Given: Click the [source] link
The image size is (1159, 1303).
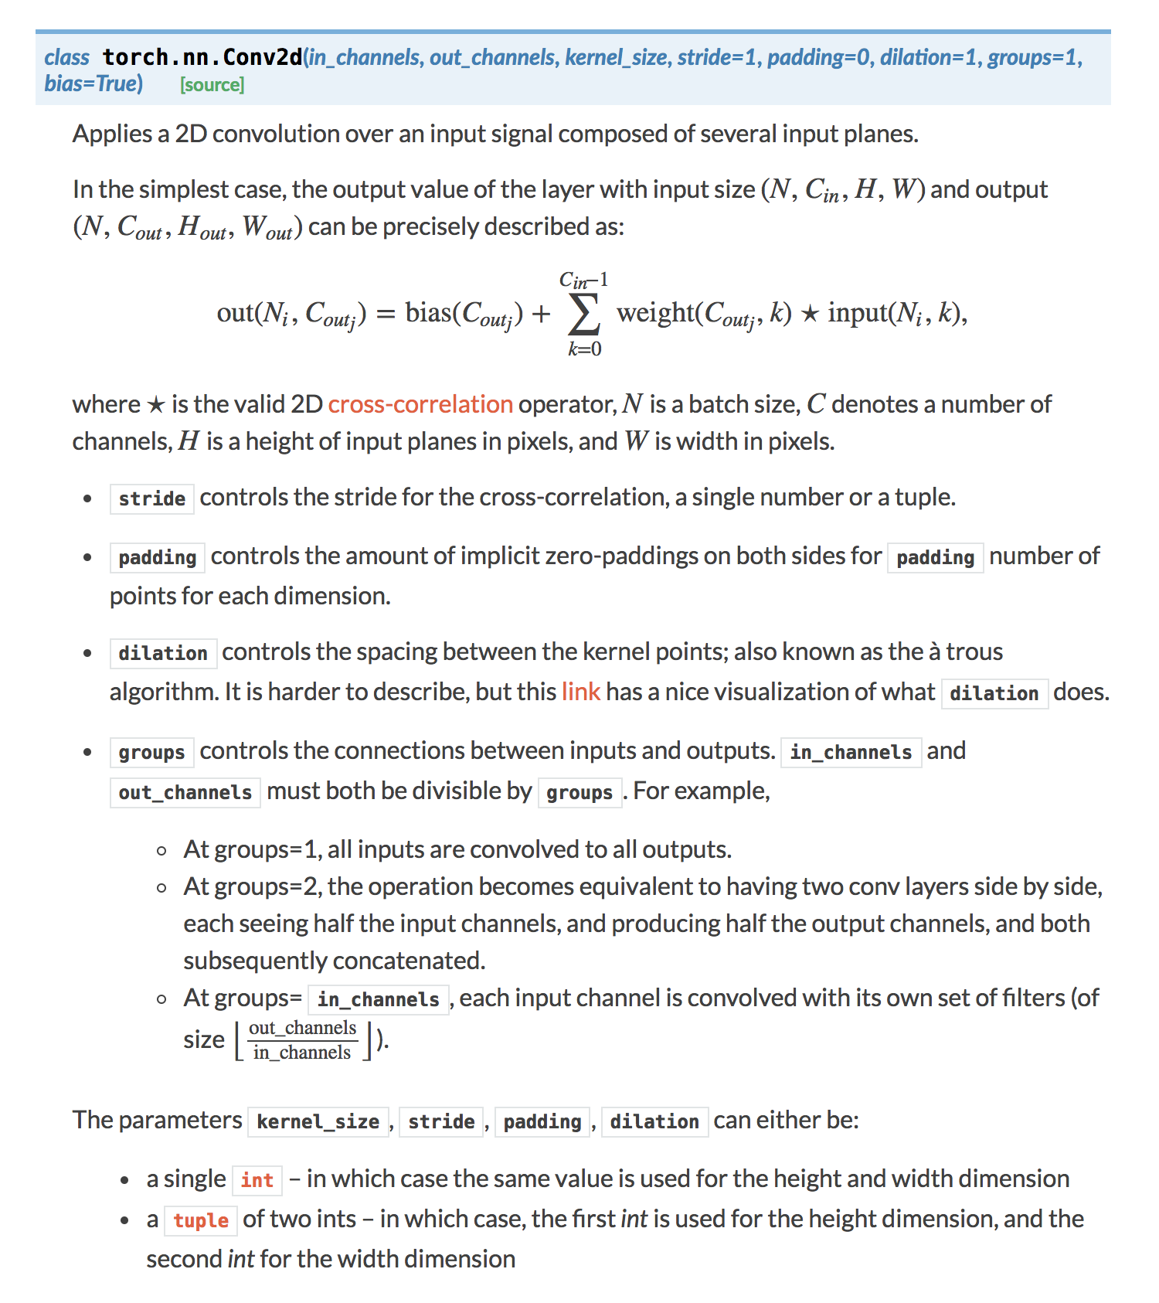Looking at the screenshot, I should coord(212,85).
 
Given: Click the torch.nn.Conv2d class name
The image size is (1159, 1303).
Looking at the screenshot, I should coord(202,57).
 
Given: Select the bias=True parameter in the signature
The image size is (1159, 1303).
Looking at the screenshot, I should coord(93,83).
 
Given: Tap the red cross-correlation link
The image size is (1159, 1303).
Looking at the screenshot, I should coord(420,404).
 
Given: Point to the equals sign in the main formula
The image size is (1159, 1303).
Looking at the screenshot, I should coord(385,314).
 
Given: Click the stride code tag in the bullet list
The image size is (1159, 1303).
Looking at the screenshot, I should coord(151,498).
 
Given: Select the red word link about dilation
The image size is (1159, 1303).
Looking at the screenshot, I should coord(580,692).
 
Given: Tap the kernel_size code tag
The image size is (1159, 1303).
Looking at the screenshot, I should coord(318,1121).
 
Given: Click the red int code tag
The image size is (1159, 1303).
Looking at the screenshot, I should coord(257,1180).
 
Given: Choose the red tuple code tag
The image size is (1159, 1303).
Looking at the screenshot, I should coord(201,1220).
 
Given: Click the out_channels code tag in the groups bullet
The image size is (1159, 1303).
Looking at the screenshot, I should coord(185,792).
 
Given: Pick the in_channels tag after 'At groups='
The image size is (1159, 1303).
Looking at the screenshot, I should coord(379,999).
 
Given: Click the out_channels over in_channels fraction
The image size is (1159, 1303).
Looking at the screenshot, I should coord(302,1040).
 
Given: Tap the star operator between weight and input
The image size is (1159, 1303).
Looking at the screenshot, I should coord(809,314).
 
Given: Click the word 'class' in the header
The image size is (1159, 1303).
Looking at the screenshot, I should coord(66,57).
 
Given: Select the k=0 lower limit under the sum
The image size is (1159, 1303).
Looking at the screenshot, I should coord(584,349).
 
